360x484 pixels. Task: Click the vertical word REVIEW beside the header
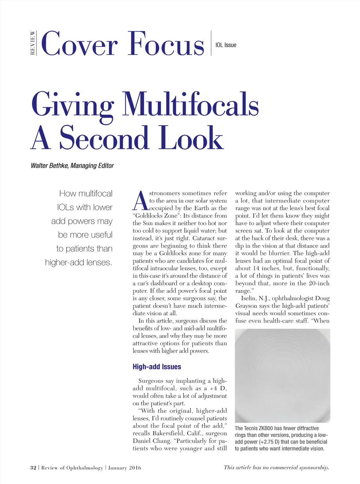(33, 43)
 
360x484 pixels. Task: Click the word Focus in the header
(166, 44)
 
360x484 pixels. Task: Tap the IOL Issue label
(226, 45)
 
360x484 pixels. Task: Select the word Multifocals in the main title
(190, 104)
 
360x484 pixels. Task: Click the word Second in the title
(104, 138)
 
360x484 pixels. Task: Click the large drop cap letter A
(141, 201)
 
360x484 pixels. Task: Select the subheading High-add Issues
(157, 367)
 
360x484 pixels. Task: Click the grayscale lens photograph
(282, 375)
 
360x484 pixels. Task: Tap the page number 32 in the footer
(33, 468)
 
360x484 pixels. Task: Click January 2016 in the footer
(124, 468)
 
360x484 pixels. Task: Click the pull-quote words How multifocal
(86, 193)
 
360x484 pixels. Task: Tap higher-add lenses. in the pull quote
(78, 262)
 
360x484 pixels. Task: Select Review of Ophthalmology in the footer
(72, 468)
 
